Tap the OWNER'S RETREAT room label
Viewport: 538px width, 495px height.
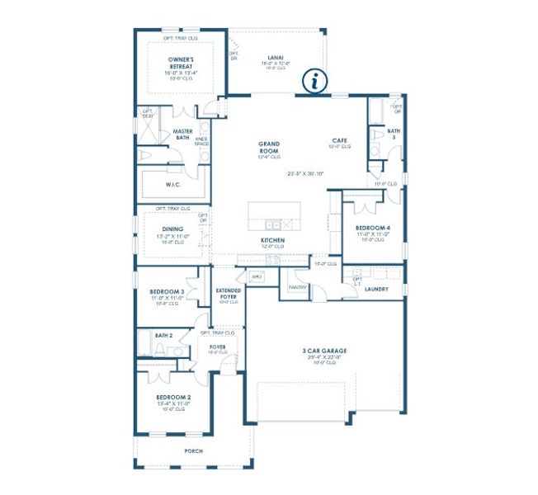pyautogui.click(x=181, y=63)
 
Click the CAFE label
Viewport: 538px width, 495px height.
pyautogui.click(x=339, y=140)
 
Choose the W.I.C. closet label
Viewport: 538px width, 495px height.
pyautogui.click(x=173, y=184)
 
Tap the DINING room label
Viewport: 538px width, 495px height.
pyautogui.click(x=172, y=229)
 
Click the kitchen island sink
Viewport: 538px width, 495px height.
pyautogui.click(x=271, y=224)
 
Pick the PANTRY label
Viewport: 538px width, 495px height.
pyautogui.click(x=297, y=287)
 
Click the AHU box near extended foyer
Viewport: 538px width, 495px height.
pyautogui.click(x=256, y=276)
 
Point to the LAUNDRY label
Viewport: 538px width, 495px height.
pyautogui.click(x=376, y=290)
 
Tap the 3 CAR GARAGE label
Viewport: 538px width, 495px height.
pyautogui.click(x=324, y=351)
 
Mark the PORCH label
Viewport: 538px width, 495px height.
pyautogui.click(x=193, y=451)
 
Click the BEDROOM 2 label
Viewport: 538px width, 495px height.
pyautogui.click(x=173, y=398)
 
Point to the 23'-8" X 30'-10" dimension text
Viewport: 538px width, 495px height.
pyautogui.click(x=306, y=174)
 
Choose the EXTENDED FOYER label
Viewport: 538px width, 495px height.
pyautogui.click(x=229, y=294)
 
